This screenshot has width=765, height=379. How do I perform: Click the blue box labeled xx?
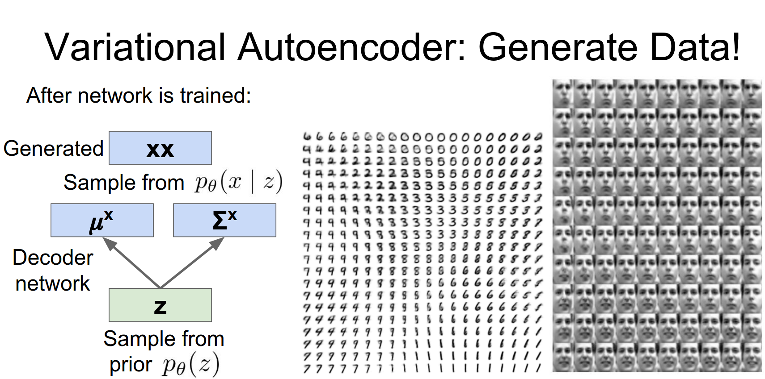pyautogui.click(x=160, y=148)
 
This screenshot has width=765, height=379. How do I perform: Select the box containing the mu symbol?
pyautogui.click(x=102, y=220)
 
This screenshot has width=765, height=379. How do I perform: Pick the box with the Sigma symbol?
pyautogui.click(x=224, y=220)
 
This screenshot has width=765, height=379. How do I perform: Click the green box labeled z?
pyautogui.click(x=160, y=305)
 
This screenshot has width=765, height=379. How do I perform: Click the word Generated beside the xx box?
pyautogui.click(x=54, y=149)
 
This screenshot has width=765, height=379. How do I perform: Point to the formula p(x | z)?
pyautogui.click(x=238, y=183)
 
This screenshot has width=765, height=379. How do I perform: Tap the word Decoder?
pyautogui.click(x=53, y=258)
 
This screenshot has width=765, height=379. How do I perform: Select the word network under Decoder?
pyautogui.click(x=53, y=283)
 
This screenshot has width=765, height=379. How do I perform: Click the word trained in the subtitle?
pyautogui.click(x=215, y=96)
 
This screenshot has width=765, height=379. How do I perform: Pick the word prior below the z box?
pyautogui.click(x=131, y=365)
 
